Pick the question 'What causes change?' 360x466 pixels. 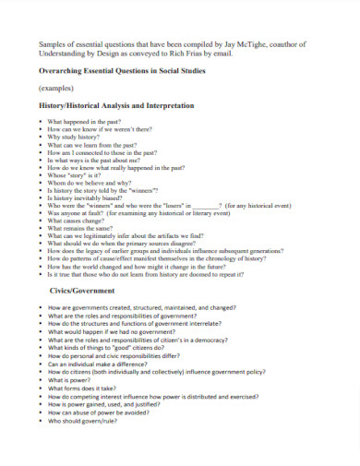[78, 221]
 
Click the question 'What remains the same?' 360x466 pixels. [82, 229]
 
